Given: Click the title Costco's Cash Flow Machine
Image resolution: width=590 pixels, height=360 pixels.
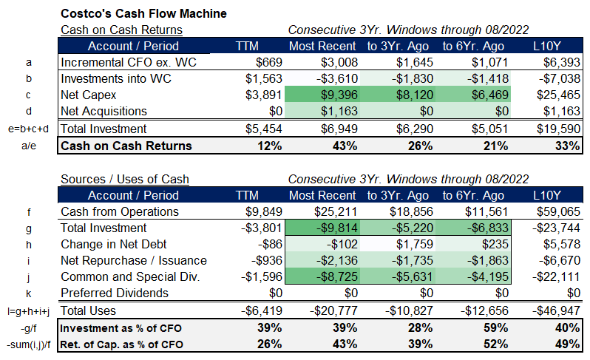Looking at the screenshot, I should coord(143,13).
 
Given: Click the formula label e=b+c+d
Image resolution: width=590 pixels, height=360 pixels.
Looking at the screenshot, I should coord(27,129).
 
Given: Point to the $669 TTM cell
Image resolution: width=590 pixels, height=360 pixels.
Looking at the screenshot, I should coord(268,61).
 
